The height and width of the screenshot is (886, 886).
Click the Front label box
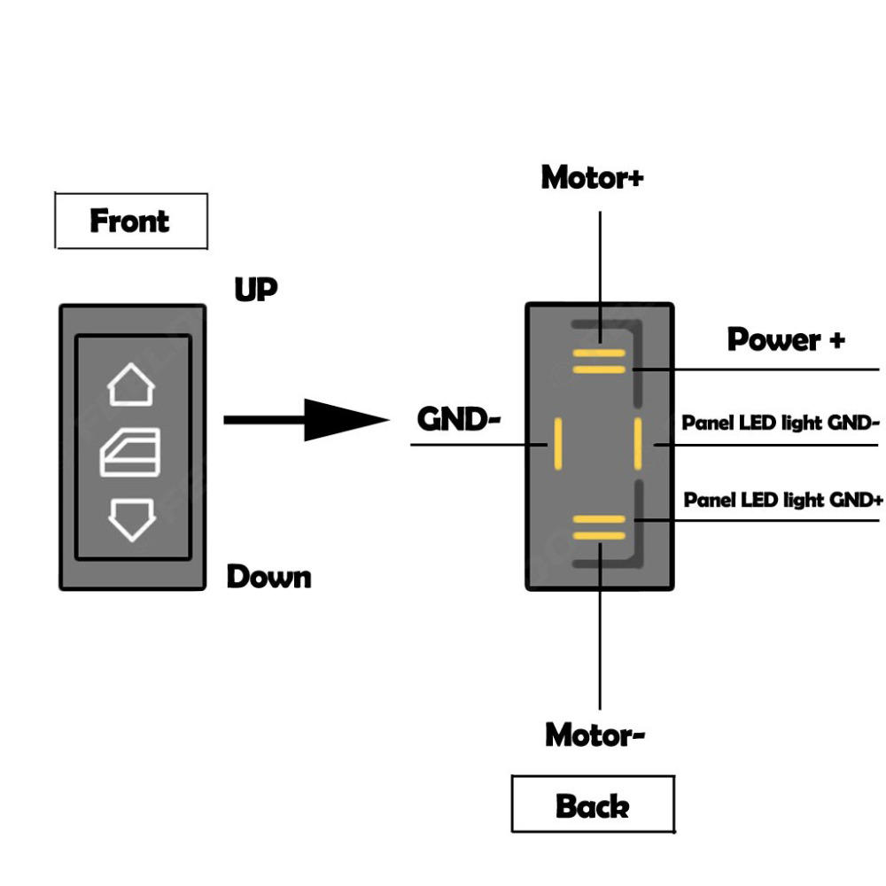click(130, 221)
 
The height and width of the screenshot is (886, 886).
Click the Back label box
click(593, 805)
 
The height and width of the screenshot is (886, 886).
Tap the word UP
click(256, 290)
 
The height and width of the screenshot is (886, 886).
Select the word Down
click(269, 577)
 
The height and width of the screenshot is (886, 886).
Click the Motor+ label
click(593, 177)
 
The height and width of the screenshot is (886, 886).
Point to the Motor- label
click(595, 734)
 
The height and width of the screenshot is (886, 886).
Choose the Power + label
click(786, 339)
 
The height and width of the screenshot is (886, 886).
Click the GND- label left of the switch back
click(459, 418)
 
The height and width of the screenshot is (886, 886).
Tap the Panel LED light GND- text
click(780, 423)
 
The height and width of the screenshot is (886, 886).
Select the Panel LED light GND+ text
click(783, 501)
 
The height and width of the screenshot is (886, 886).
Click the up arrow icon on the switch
click(131, 384)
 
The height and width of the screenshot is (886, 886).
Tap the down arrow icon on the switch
click(131, 519)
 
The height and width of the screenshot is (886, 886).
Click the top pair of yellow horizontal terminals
click(599, 361)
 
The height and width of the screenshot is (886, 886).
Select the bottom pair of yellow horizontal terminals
click(599, 527)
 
